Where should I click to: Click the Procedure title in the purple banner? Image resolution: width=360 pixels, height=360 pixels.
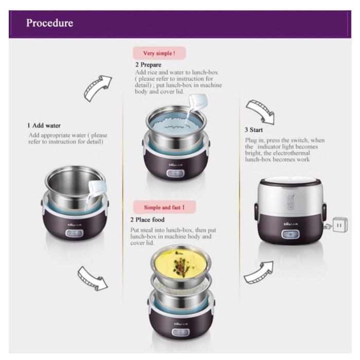point(49,23)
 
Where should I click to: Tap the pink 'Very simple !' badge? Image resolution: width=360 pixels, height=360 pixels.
point(159,53)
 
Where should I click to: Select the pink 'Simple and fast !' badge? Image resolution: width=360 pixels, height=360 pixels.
point(165,207)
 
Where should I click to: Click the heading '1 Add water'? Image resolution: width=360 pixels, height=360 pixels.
point(44,125)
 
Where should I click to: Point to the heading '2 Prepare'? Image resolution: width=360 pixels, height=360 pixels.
point(148,65)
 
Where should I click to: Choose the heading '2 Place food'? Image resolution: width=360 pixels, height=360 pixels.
point(148,220)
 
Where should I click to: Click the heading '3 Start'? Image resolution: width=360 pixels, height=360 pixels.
point(254,130)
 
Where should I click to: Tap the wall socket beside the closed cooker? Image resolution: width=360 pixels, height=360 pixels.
point(340,225)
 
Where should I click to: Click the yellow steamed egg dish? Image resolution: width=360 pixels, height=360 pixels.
point(181,263)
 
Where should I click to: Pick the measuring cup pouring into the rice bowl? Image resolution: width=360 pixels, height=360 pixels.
point(197,103)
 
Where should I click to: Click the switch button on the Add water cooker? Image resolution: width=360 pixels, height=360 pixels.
point(75,233)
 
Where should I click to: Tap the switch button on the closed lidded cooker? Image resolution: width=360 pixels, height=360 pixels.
point(291,235)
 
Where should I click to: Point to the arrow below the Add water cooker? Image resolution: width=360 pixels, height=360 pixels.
point(92,278)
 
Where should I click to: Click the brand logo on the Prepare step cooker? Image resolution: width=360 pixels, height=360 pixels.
point(176,165)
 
